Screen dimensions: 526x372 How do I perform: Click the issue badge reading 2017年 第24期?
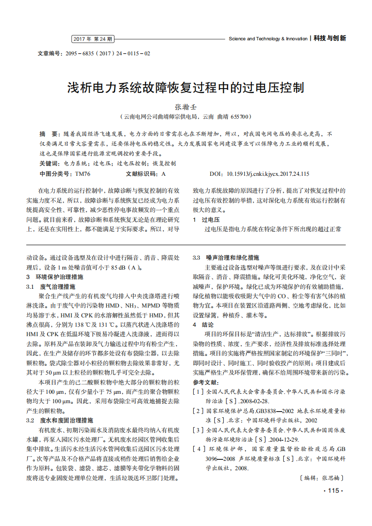pyautogui.click(x=93, y=39)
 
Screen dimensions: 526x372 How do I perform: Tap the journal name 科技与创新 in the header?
pyautogui.click(x=330, y=38)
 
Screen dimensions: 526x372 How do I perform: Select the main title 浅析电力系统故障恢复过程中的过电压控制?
pyautogui.click(x=186, y=88)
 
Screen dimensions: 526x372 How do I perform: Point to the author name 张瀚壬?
pyautogui.click(x=186, y=107)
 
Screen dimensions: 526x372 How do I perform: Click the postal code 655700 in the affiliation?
pyautogui.click(x=240, y=116)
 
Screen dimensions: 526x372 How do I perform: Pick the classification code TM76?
pyautogui.click(x=83, y=174)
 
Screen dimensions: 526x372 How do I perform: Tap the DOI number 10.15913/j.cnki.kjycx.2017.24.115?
pyautogui.click(x=268, y=174)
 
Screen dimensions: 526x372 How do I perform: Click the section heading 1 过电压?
pyautogui.click(x=206, y=219)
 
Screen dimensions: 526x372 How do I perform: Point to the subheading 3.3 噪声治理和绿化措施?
pyautogui.click(x=226, y=258)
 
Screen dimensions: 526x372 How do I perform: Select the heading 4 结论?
pyautogui.click(x=203, y=324)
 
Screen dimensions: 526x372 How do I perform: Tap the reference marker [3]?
pyautogui.click(x=198, y=429)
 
